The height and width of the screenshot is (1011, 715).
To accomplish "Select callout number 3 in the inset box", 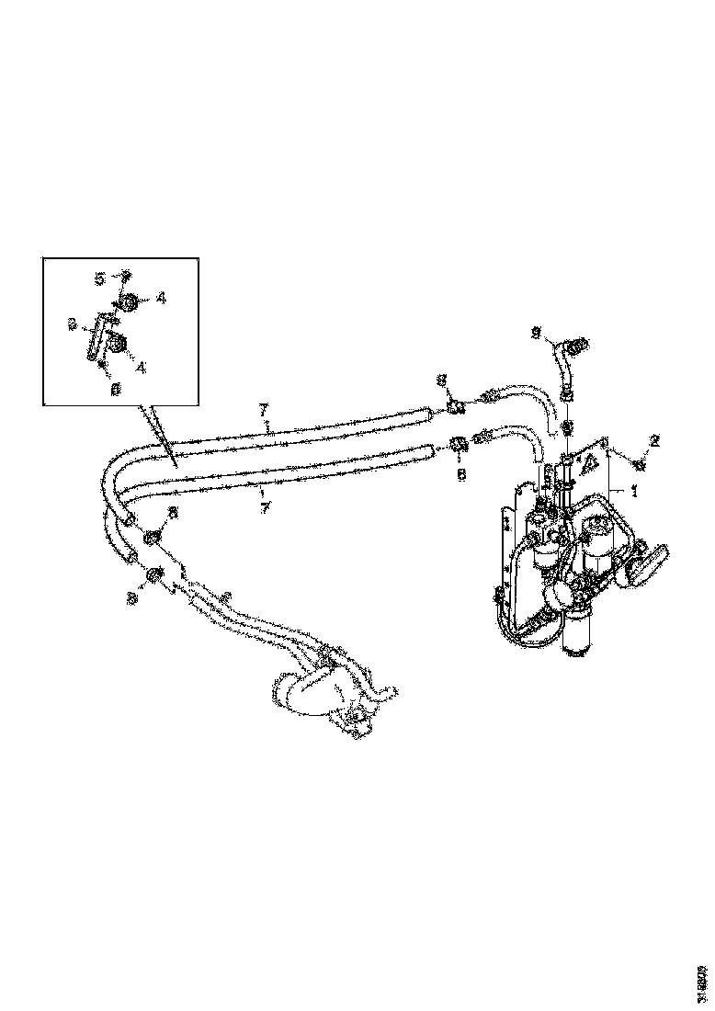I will click(x=72, y=324).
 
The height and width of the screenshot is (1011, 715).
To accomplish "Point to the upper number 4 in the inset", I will click(x=160, y=297).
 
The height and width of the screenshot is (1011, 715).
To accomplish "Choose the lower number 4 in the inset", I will click(x=141, y=366).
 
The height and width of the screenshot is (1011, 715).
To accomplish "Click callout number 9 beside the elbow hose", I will click(x=536, y=334).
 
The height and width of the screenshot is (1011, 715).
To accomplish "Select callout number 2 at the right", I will click(x=654, y=441).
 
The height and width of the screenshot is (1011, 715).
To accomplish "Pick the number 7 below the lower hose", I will click(x=266, y=506).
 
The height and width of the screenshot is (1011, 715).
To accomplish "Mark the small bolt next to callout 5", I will click(x=126, y=275).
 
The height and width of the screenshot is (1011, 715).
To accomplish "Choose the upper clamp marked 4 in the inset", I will click(x=129, y=300).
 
